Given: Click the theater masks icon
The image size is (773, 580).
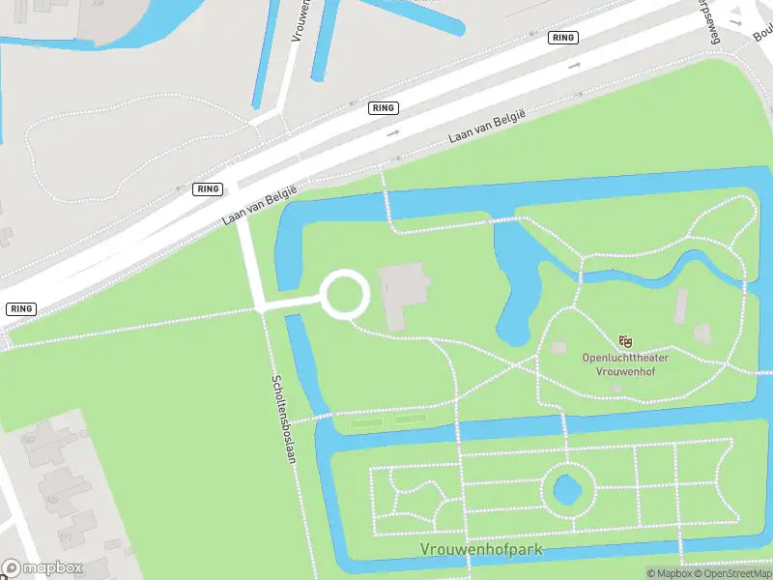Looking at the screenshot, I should tap(625, 340).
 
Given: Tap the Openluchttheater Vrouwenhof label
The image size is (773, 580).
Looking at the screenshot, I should tap(624, 363).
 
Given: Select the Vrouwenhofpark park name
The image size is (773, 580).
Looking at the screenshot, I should tap(481, 549).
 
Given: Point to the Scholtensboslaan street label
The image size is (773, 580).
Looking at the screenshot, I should tap(282, 419).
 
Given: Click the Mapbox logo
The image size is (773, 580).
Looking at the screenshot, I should tap(43, 568).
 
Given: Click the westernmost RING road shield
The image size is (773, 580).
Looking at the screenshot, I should tap(20, 308).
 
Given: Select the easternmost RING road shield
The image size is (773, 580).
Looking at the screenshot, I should tap(562, 38).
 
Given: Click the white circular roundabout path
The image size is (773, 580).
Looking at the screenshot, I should tap(345, 294).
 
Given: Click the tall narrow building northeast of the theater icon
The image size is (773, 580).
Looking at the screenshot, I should tap(682, 305).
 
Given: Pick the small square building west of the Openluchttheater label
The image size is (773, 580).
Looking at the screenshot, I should tap(558, 347).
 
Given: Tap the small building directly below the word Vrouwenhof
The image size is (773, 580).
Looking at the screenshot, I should tap(616, 388).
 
